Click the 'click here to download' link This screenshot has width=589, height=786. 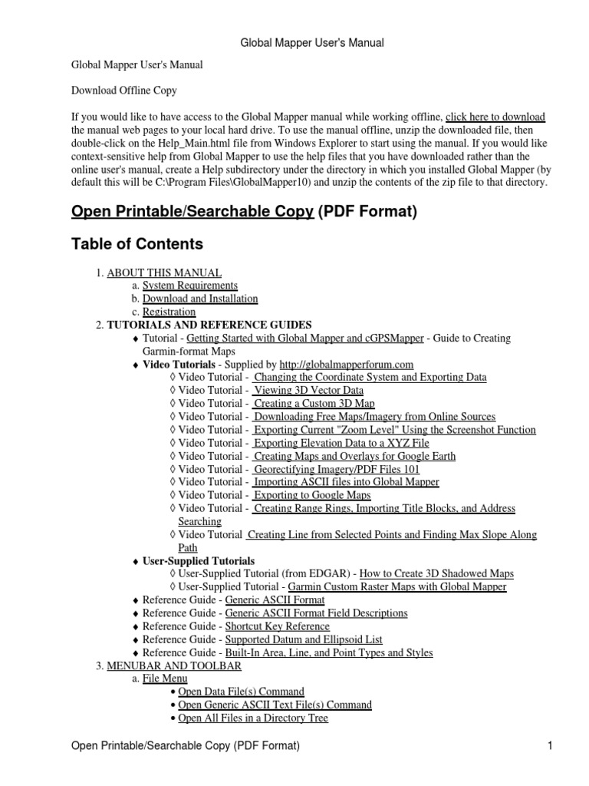click(495, 117)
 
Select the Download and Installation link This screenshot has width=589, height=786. click(200, 299)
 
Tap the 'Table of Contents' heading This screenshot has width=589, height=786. click(137, 244)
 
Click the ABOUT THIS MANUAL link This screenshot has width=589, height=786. click(164, 272)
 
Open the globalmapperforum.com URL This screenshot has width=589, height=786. click(347, 365)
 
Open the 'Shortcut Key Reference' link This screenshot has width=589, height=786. click(277, 626)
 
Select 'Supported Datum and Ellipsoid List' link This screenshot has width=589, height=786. click(304, 639)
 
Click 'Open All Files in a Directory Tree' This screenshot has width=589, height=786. click(253, 718)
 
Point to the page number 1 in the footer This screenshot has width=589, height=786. click(550, 745)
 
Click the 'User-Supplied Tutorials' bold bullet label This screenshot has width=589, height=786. click(199, 561)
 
